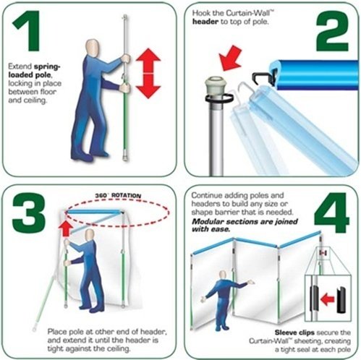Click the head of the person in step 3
(90, 236)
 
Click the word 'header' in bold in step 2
(210, 22)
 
